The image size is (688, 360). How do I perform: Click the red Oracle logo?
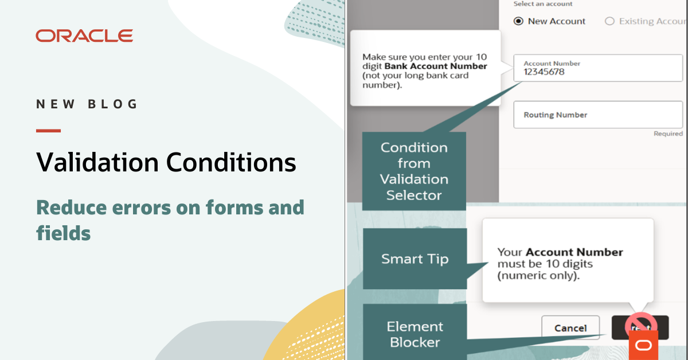[84, 36]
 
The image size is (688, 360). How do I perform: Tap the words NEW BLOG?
[87, 104]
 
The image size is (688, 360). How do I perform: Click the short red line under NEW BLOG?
[48, 131]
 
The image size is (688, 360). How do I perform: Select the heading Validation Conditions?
[166, 162]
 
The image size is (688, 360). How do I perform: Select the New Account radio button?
[518, 21]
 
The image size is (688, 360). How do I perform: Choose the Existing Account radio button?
[609, 21]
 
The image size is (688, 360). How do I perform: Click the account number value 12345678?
[544, 72]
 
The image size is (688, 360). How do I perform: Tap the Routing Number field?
[597, 115]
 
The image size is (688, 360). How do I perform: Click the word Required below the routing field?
[668, 134]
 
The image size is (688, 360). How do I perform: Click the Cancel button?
[570, 328]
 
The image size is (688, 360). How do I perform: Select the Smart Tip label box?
[415, 259]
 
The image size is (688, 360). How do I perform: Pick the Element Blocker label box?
[415, 334]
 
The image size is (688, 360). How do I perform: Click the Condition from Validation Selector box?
[414, 171]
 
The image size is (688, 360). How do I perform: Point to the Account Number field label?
[552, 64]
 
